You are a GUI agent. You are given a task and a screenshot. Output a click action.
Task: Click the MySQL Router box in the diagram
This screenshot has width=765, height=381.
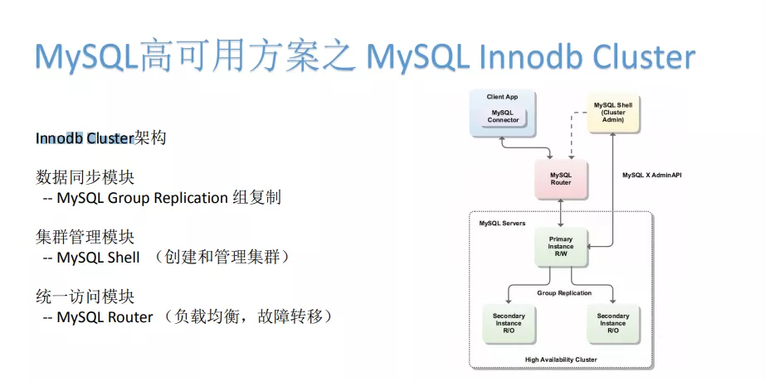click(561, 179)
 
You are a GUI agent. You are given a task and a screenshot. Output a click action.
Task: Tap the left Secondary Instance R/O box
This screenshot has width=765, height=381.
click(509, 323)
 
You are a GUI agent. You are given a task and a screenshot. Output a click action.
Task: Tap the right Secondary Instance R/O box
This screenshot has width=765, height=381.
click(613, 323)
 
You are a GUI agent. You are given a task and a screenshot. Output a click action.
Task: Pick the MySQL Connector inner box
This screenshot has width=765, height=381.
click(503, 116)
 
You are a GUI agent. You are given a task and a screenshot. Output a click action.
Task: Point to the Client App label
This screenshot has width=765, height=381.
click(503, 98)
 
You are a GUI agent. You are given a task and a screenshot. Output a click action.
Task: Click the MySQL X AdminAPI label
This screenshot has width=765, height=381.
click(651, 176)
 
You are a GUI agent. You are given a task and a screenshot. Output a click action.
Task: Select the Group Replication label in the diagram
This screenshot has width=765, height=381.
click(563, 293)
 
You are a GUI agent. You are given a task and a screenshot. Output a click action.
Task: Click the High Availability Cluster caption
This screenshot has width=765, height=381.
click(561, 359)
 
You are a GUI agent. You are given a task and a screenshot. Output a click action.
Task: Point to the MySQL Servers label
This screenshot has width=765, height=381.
click(502, 224)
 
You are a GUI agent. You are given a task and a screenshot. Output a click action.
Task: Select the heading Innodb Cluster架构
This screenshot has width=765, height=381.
click(100, 137)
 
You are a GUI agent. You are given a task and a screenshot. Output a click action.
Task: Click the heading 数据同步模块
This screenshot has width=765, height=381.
click(85, 177)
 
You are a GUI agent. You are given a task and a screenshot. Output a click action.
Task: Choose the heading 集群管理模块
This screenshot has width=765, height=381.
click(85, 237)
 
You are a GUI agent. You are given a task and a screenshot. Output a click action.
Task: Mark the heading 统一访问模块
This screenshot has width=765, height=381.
click(85, 297)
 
